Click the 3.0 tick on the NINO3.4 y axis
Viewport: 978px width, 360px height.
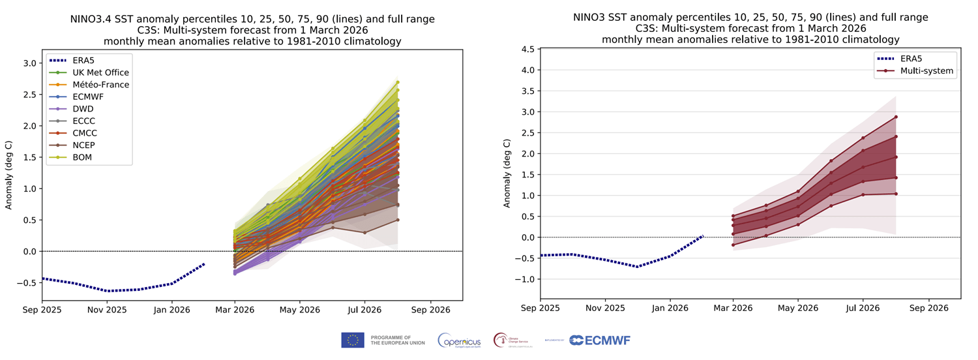[x=30, y=63]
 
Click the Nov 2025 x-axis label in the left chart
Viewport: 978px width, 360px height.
[x=107, y=310]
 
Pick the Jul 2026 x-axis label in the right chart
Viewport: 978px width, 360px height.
[x=863, y=308]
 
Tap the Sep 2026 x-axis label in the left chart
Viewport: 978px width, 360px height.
[x=428, y=310]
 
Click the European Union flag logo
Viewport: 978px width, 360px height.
[x=352, y=340]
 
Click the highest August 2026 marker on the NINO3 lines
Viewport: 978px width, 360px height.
[x=896, y=117]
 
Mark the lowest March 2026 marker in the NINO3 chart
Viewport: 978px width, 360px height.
[x=733, y=245]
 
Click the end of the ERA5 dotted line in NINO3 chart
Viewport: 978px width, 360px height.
[x=702, y=236]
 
